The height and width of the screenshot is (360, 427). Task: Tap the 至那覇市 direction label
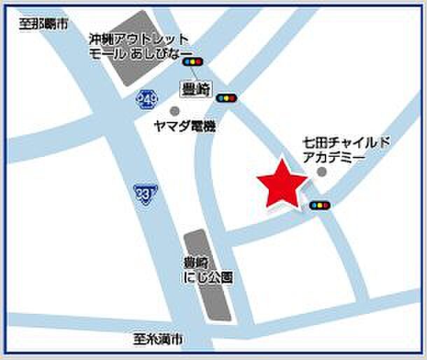(44, 25)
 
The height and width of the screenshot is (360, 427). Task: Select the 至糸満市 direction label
(158, 340)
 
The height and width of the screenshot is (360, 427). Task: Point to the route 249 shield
(146, 100)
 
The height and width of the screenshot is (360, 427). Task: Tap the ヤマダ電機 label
(185, 127)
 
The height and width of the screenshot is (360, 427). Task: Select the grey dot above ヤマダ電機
(174, 111)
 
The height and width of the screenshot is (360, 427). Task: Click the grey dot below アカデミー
(321, 172)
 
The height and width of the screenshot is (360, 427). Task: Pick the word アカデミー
(333, 158)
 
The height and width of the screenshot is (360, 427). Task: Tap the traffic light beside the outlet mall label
(192, 62)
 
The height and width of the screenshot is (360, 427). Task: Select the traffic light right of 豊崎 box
(225, 98)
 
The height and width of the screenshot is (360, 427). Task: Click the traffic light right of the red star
(320, 206)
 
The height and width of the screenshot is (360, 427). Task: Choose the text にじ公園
(207, 278)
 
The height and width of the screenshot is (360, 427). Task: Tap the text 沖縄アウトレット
(139, 39)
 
